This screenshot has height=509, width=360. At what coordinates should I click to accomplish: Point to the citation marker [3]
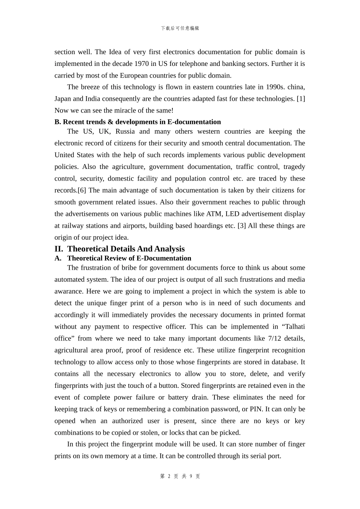point(241,226)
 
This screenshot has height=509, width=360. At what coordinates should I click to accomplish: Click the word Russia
point(125,131)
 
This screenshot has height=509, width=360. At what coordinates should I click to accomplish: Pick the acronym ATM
point(214,214)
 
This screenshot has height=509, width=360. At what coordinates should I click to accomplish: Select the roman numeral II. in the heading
point(59,249)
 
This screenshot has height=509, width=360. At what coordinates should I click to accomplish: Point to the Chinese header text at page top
point(180,28)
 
